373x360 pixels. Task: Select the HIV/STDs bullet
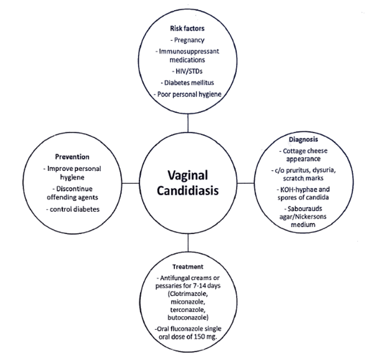tap(188, 71)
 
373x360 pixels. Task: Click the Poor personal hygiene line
tap(188, 94)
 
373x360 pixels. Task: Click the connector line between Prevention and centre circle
tap(130, 182)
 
